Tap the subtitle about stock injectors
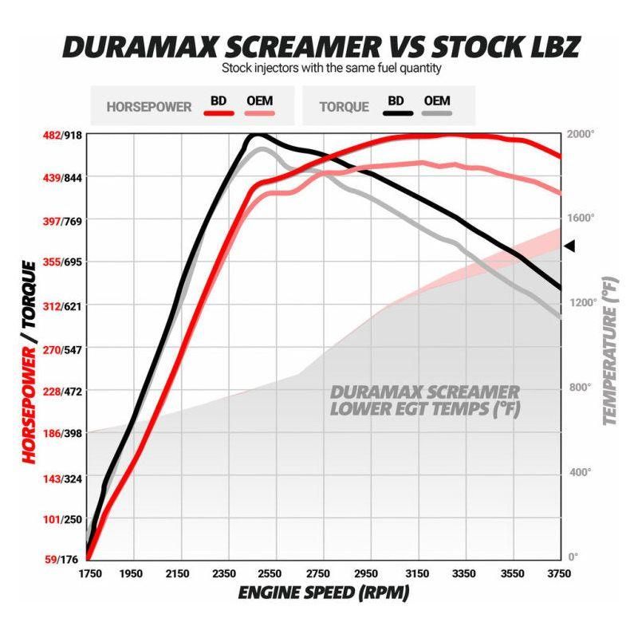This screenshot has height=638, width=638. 331,69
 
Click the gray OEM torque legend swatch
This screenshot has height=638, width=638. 437,112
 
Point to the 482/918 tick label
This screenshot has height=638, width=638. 61,135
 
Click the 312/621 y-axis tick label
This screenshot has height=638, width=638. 61,305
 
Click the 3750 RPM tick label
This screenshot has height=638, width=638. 561,573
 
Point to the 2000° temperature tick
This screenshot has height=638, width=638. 580,133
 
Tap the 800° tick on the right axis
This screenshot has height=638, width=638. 580,388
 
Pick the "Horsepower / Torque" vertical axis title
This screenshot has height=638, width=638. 30,361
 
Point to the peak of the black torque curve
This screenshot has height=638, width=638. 257,136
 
